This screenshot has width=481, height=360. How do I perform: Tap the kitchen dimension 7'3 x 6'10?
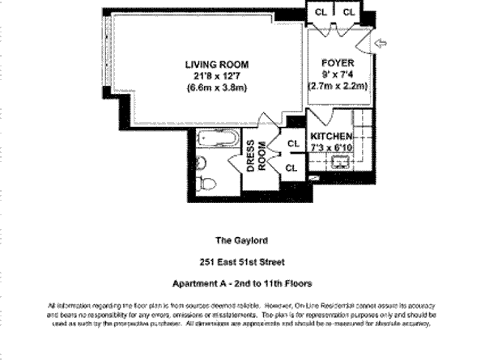332,148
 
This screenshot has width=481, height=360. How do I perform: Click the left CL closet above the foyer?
321,11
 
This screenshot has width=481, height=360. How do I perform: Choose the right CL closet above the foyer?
350,11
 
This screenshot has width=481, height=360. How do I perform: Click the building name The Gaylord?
241,239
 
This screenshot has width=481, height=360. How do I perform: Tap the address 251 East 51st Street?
241,261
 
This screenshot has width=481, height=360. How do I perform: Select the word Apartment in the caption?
196,283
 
